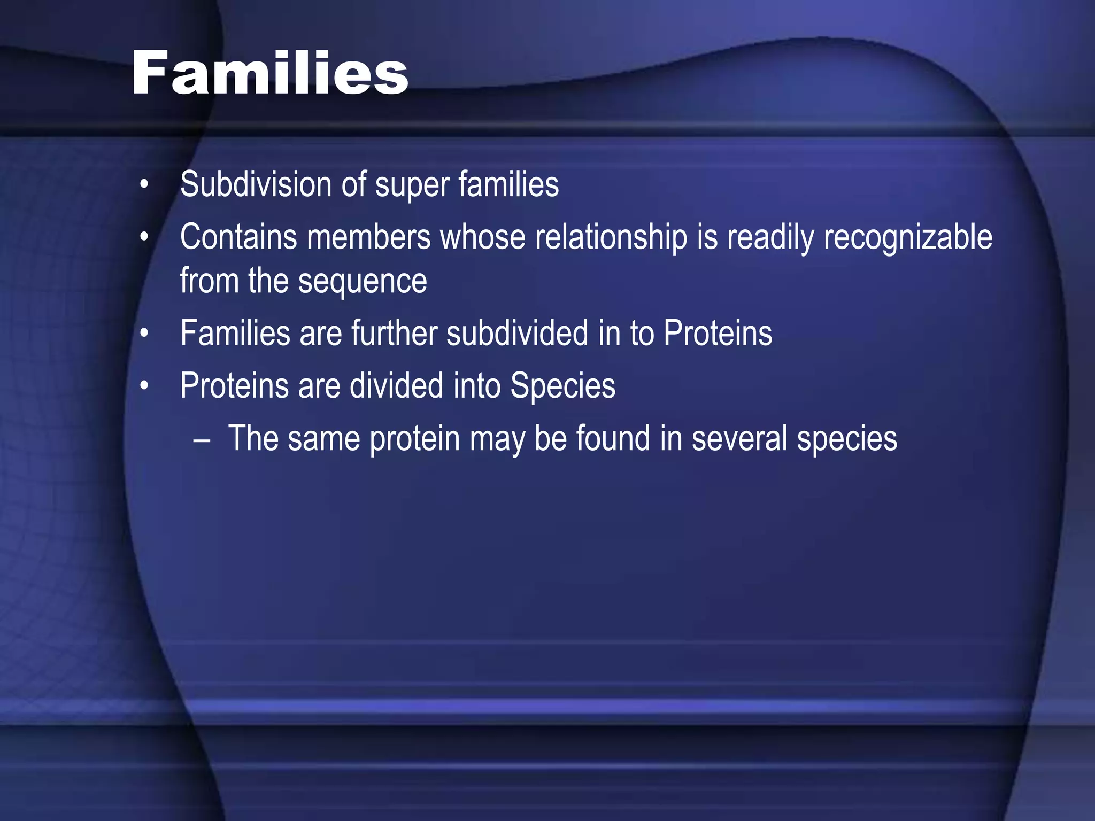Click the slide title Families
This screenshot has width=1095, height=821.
click(x=270, y=73)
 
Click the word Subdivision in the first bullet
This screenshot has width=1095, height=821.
click(x=256, y=184)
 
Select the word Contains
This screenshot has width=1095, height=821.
click(x=238, y=237)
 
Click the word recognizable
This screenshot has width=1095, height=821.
click(x=907, y=238)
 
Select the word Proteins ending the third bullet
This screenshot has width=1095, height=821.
click(x=718, y=333)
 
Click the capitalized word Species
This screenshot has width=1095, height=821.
click(x=562, y=386)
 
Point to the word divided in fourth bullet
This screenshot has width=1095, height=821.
click(x=396, y=385)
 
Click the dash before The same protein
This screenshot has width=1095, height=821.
click(x=202, y=440)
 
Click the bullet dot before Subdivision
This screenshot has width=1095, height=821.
click(x=144, y=185)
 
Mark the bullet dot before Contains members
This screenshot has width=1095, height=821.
click(x=144, y=237)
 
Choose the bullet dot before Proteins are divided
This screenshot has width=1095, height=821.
click(x=144, y=386)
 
